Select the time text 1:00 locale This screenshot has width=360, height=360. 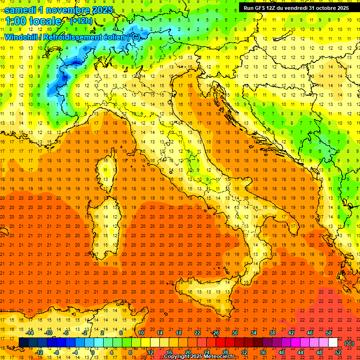point(33,21)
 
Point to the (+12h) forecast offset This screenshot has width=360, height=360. point(81,21)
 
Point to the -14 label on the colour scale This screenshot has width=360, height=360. point(30,333)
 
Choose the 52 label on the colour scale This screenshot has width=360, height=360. point(338,352)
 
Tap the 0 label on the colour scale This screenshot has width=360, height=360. point(93,352)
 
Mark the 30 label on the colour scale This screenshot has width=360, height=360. point(234,333)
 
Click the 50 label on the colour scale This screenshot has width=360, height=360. point(329,333)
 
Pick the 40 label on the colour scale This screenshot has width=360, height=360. point(282,352)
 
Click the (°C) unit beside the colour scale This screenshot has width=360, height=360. point(349,343)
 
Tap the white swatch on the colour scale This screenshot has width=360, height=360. point(333,343)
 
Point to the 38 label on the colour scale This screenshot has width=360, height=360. point(272,333)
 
